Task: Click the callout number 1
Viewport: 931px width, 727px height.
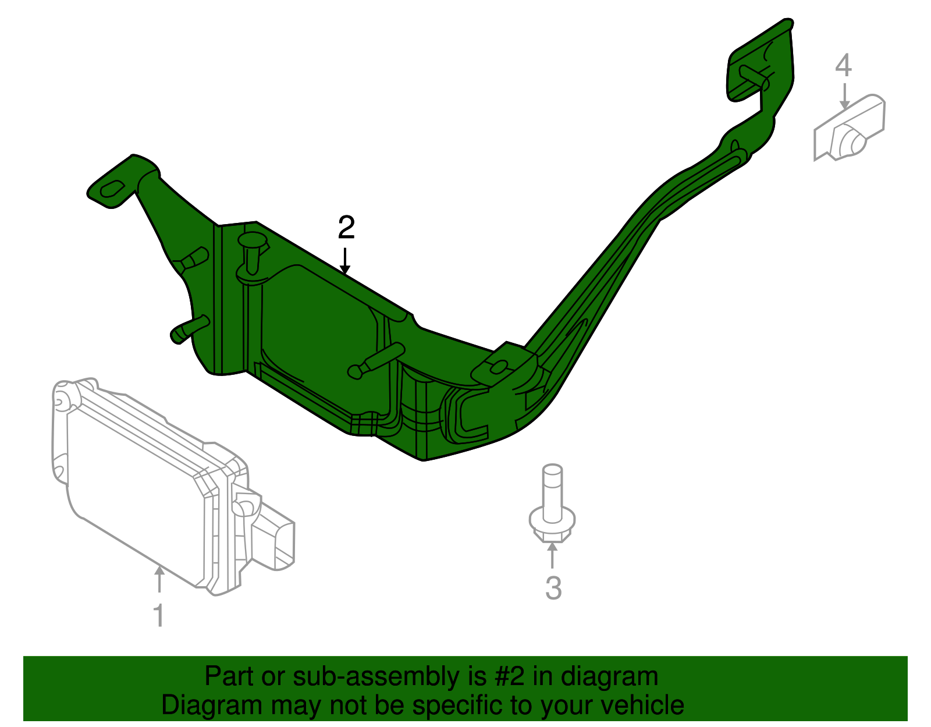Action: [158, 615]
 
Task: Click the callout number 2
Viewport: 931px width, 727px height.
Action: [346, 228]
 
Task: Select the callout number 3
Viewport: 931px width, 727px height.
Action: [553, 588]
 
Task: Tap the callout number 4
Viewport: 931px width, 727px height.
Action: [843, 65]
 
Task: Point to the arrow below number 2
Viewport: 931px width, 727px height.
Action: [346, 261]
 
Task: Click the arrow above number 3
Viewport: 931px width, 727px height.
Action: [552, 555]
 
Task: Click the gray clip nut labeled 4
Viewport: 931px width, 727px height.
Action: [850, 129]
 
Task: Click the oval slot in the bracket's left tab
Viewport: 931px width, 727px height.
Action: [113, 189]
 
